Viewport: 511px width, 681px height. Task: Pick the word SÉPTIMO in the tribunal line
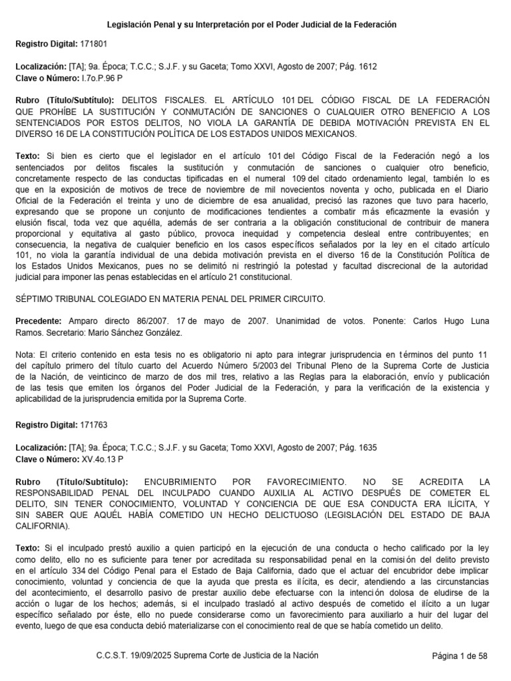tap(35, 299)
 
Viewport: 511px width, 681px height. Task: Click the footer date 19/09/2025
tap(152, 656)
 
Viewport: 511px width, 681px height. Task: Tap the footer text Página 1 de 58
tap(460, 656)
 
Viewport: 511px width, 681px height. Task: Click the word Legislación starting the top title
tap(132, 24)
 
